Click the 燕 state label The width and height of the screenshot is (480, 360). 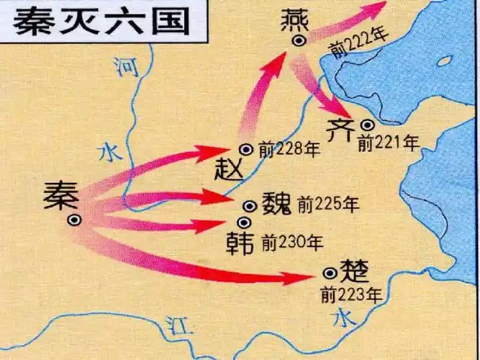click(x=296, y=16)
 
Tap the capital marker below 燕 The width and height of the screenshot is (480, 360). click(x=299, y=41)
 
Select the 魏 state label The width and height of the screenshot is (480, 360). click(x=276, y=204)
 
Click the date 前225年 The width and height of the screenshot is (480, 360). click(x=327, y=204)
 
